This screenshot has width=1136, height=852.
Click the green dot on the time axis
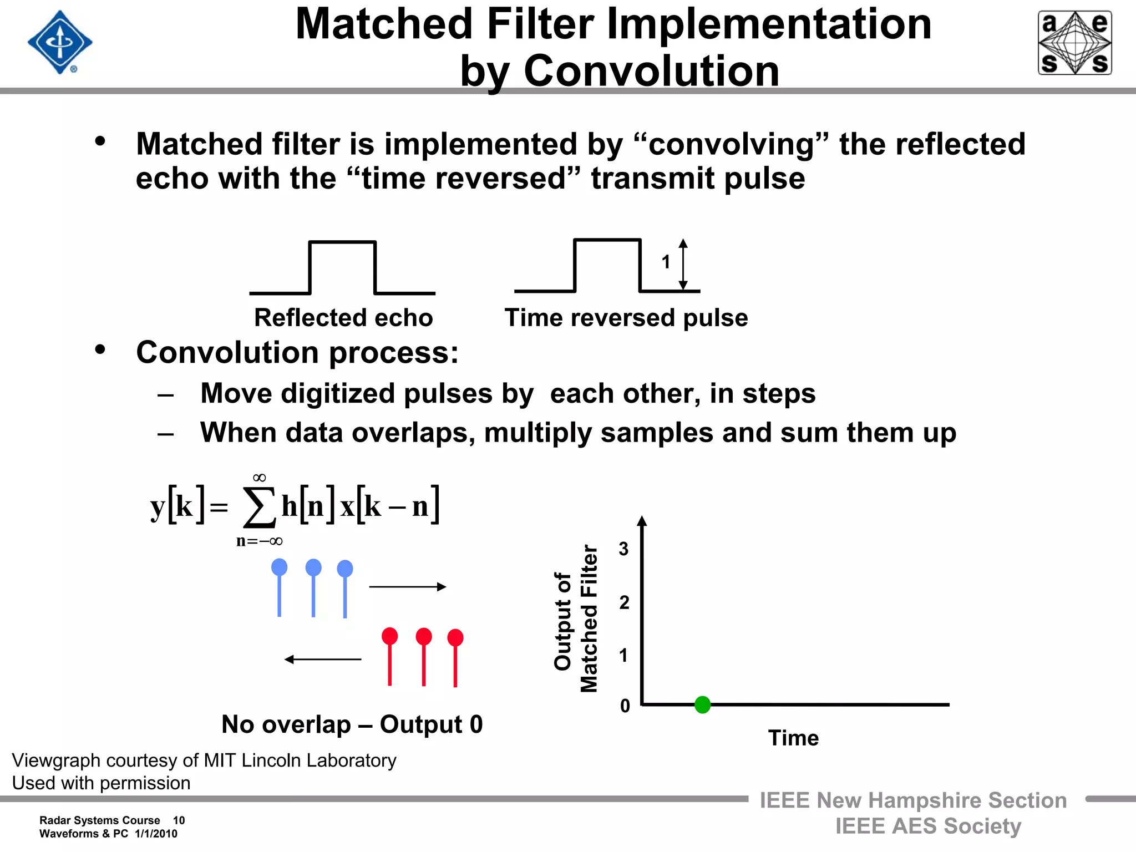702,704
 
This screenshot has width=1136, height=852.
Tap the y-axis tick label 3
623,549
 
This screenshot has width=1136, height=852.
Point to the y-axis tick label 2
624,602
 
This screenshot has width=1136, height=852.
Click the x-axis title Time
793,738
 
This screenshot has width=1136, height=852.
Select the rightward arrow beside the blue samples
408,587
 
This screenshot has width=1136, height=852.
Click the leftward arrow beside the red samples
323,659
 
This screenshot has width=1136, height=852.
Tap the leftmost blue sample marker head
279,567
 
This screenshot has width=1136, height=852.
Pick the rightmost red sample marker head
455,637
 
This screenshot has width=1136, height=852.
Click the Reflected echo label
343,318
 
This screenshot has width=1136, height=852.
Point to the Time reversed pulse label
626,318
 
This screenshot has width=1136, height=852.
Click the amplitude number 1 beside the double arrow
666,262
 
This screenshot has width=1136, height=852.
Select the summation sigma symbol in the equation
260,507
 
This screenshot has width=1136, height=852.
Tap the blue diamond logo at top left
60,43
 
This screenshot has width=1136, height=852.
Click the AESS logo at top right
1074,43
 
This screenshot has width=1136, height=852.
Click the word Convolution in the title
651,71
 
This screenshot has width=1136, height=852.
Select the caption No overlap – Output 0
352,724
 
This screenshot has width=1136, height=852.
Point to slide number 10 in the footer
179,820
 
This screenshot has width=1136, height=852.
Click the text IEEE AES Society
928,826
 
